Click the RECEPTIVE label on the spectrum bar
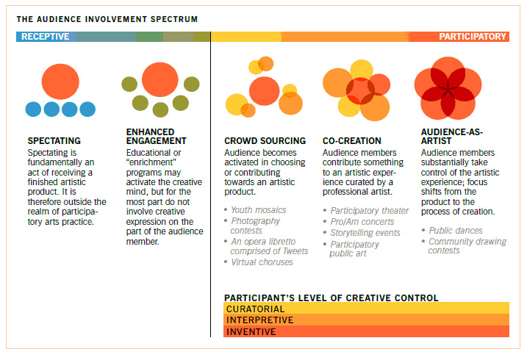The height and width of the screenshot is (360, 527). [x=45, y=37]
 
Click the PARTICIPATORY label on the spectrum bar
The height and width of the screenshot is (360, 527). [x=473, y=37]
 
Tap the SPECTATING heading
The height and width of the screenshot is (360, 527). [x=54, y=141]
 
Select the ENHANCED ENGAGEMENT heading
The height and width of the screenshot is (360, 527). [x=157, y=137]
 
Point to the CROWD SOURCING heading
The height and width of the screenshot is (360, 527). [x=265, y=141]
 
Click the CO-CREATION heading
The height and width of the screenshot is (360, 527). [x=352, y=141]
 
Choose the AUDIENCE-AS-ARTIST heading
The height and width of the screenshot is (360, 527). [x=452, y=137]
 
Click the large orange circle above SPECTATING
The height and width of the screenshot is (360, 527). [x=60, y=82]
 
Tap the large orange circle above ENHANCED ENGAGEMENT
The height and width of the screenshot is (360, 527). [x=160, y=79]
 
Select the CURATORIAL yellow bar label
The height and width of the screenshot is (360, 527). [x=256, y=309]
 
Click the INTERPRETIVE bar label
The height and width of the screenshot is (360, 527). [x=259, y=320]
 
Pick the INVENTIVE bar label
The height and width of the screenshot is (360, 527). [x=251, y=332]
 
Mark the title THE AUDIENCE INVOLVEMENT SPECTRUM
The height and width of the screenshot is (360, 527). [x=107, y=19]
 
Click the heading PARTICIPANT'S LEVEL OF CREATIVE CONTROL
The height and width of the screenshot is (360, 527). [x=331, y=298]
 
